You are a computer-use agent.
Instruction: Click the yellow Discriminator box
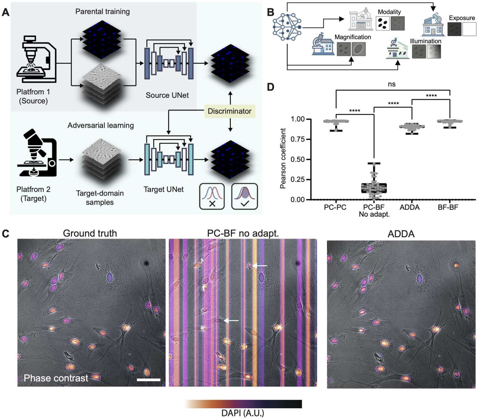[229, 111]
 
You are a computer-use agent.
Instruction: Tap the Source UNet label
[167, 95]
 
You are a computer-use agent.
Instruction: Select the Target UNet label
[163, 189]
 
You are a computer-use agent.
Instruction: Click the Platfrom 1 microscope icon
[36, 59]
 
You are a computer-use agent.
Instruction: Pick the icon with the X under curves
[212, 196]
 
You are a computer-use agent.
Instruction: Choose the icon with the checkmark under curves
[244, 196]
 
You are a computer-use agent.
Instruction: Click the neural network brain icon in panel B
[287, 27]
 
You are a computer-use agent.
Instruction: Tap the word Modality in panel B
[389, 12]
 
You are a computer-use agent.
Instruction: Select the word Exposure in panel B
[462, 18]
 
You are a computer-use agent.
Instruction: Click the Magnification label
[353, 37]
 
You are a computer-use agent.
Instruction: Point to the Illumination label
[426, 41]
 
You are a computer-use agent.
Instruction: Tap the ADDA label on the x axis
[409, 207]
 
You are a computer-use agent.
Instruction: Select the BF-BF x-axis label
[448, 207]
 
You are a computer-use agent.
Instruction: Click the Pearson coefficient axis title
[283, 158]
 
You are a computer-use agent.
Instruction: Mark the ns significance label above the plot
[392, 84]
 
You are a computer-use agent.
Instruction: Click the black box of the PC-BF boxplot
[374, 188]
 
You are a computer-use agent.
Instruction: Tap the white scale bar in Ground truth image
[148, 380]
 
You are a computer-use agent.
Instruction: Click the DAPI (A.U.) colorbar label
[243, 413]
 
